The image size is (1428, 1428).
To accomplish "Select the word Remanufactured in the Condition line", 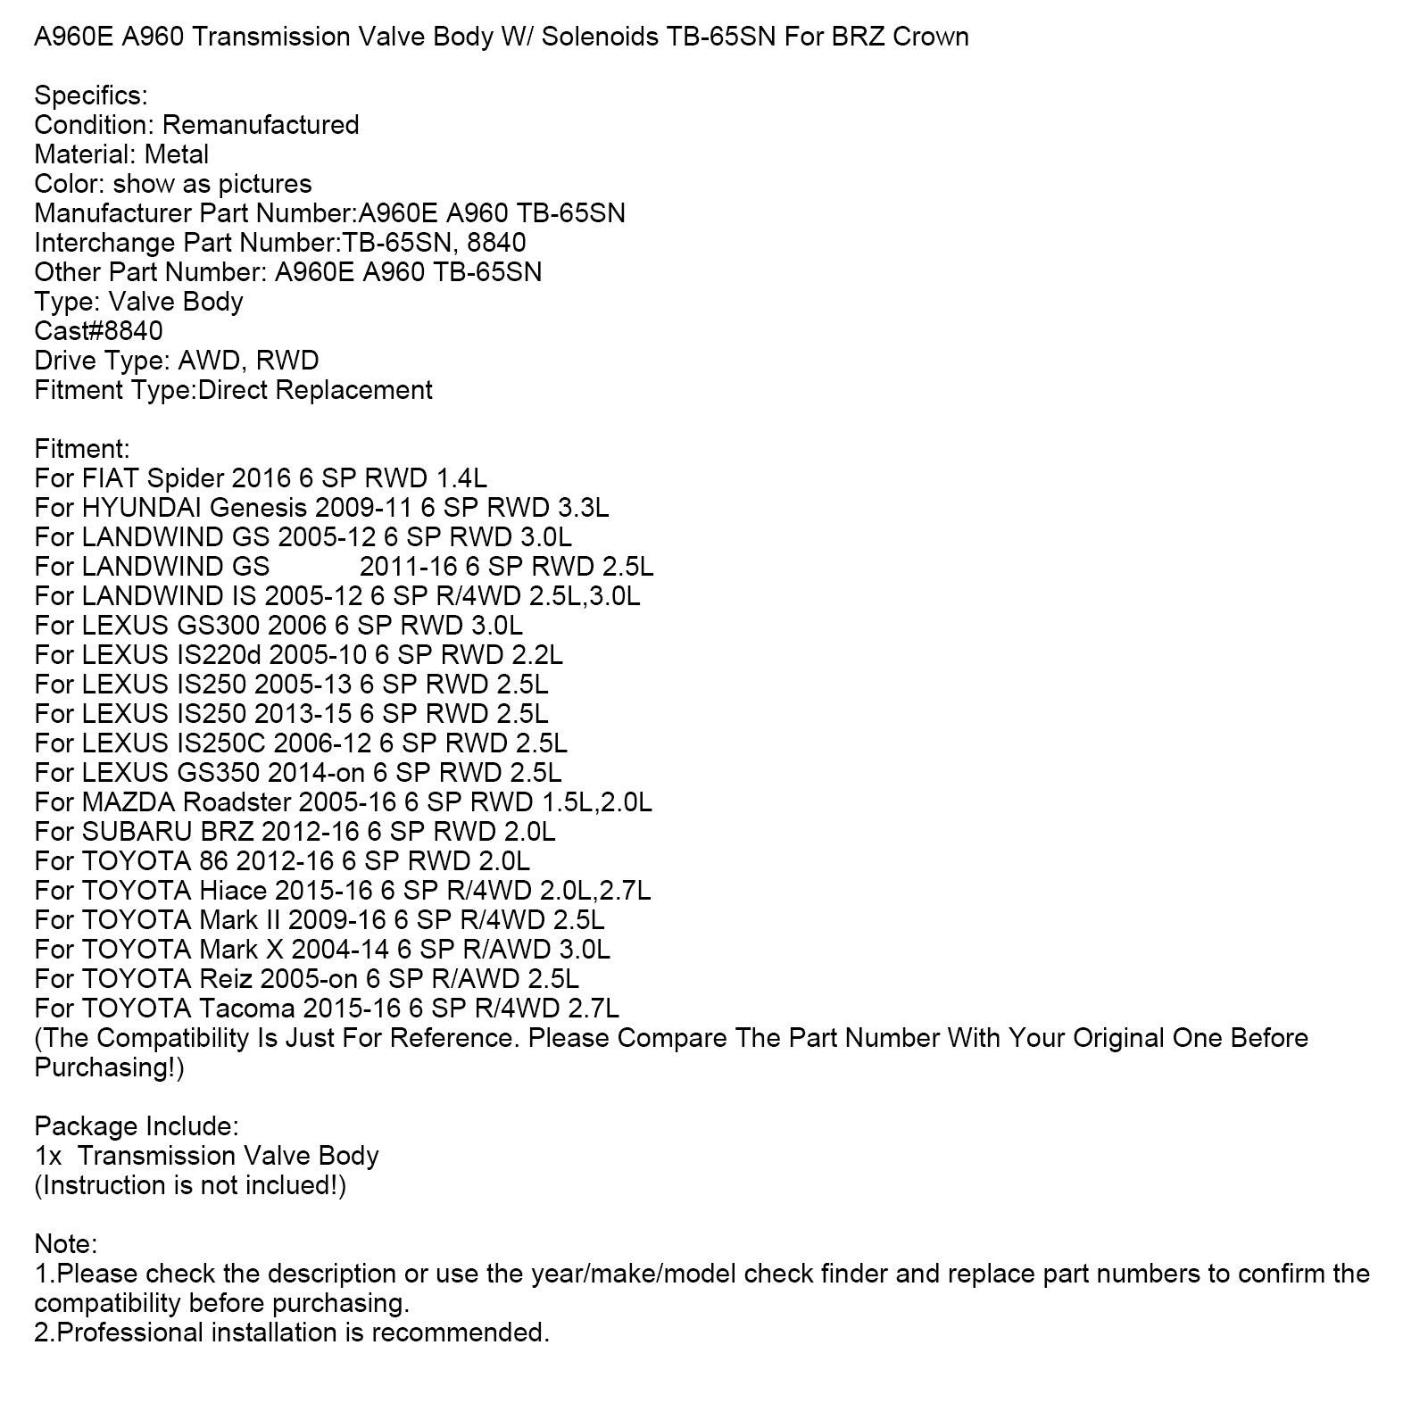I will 261,125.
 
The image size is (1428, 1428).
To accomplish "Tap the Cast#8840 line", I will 98,331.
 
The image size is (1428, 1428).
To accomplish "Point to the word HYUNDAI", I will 142,508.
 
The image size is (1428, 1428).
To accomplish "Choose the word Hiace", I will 233,891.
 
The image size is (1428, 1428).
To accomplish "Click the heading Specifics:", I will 91,95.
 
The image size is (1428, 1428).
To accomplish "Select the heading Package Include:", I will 137,1126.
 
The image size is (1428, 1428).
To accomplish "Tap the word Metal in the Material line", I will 177,154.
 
